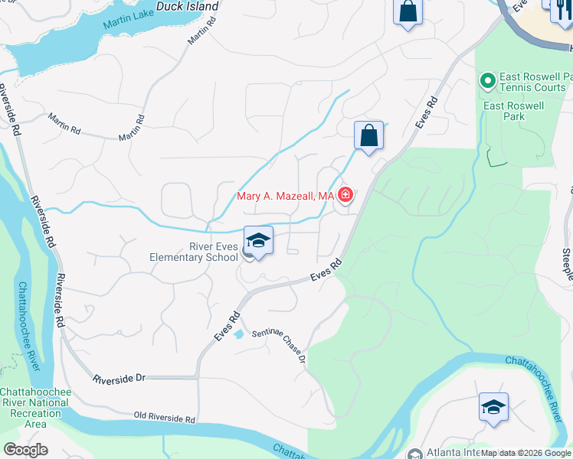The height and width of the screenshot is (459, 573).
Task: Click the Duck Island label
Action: tap(187, 7)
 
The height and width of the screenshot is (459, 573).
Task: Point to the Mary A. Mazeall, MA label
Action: tap(285, 197)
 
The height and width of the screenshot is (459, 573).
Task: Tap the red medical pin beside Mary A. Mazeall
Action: tap(345, 196)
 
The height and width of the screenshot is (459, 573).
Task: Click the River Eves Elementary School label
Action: tap(194, 252)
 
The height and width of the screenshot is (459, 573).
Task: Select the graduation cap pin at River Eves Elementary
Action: tap(258, 241)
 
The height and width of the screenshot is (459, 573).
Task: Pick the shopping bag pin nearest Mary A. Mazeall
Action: tap(368, 136)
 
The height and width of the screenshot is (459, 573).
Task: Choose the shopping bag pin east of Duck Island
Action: tap(408, 11)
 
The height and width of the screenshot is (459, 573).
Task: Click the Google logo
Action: tap(25, 450)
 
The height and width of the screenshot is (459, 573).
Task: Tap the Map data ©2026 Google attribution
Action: tap(526, 453)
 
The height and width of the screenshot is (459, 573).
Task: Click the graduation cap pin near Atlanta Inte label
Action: tap(493, 407)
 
